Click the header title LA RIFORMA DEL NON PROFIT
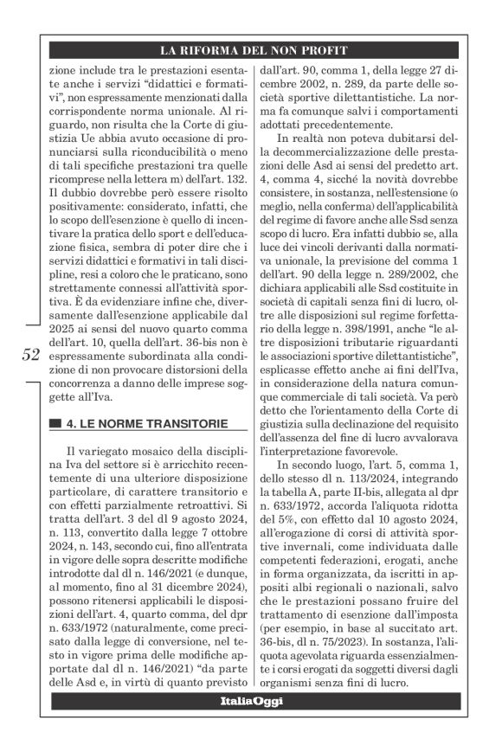[251, 50]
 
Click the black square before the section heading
[55, 423]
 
